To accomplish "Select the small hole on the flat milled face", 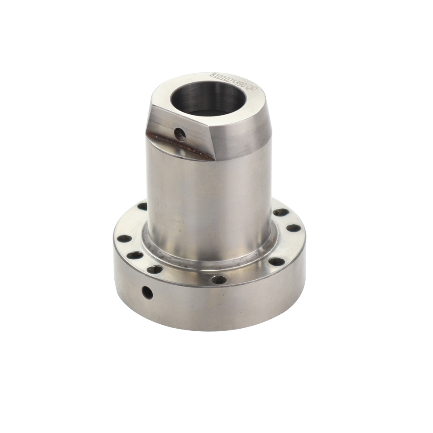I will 180,135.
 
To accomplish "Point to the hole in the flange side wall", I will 147,293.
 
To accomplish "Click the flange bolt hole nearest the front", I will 219,279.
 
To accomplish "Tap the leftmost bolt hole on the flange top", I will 124,239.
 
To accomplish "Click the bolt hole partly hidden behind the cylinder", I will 142,207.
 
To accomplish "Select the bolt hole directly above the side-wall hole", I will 155,269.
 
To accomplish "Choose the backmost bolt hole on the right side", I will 281,212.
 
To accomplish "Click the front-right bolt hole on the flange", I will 276,261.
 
